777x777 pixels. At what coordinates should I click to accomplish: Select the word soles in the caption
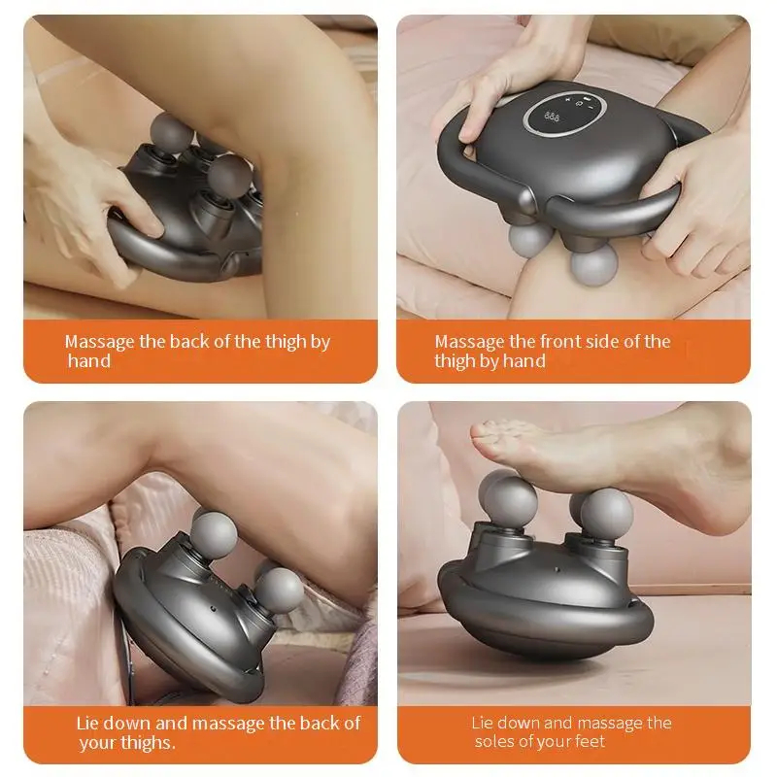(492, 741)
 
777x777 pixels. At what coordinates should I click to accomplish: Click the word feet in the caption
(588, 741)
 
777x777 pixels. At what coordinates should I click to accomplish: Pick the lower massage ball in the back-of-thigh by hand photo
(229, 177)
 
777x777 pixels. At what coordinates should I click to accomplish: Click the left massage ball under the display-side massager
(529, 241)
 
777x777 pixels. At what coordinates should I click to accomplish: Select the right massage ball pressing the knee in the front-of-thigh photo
(593, 265)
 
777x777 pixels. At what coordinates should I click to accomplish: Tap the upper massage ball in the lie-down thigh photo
(214, 535)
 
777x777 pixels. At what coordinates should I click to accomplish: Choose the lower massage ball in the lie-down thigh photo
(279, 591)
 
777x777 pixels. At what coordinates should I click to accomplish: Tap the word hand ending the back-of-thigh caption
(89, 361)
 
